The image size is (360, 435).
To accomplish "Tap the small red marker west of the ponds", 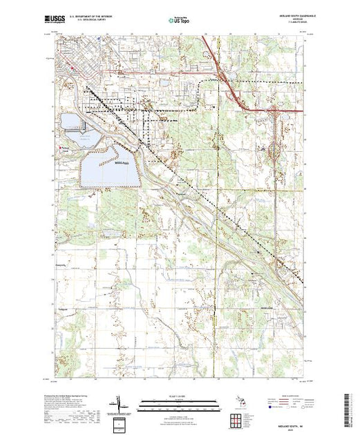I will point(59,147).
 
